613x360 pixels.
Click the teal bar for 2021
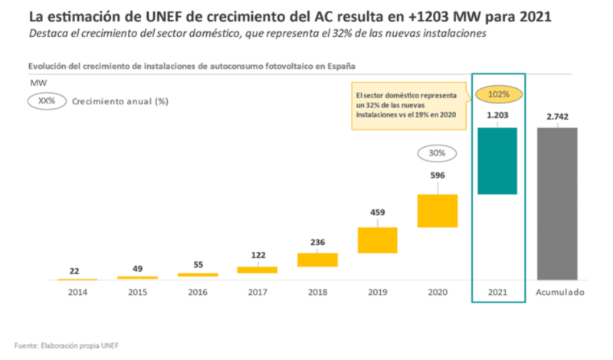tap(497, 161)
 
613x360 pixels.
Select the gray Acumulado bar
tap(557, 203)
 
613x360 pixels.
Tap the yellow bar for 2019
tap(377, 240)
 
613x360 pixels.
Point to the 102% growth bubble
tap(497, 95)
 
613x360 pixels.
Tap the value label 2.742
tap(557, 116)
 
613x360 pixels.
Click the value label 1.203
tap(497, 116)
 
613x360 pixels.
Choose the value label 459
tap(377, 213)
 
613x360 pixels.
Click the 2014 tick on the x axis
tap(77, 293)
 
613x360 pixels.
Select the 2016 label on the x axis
tap(197, 293)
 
